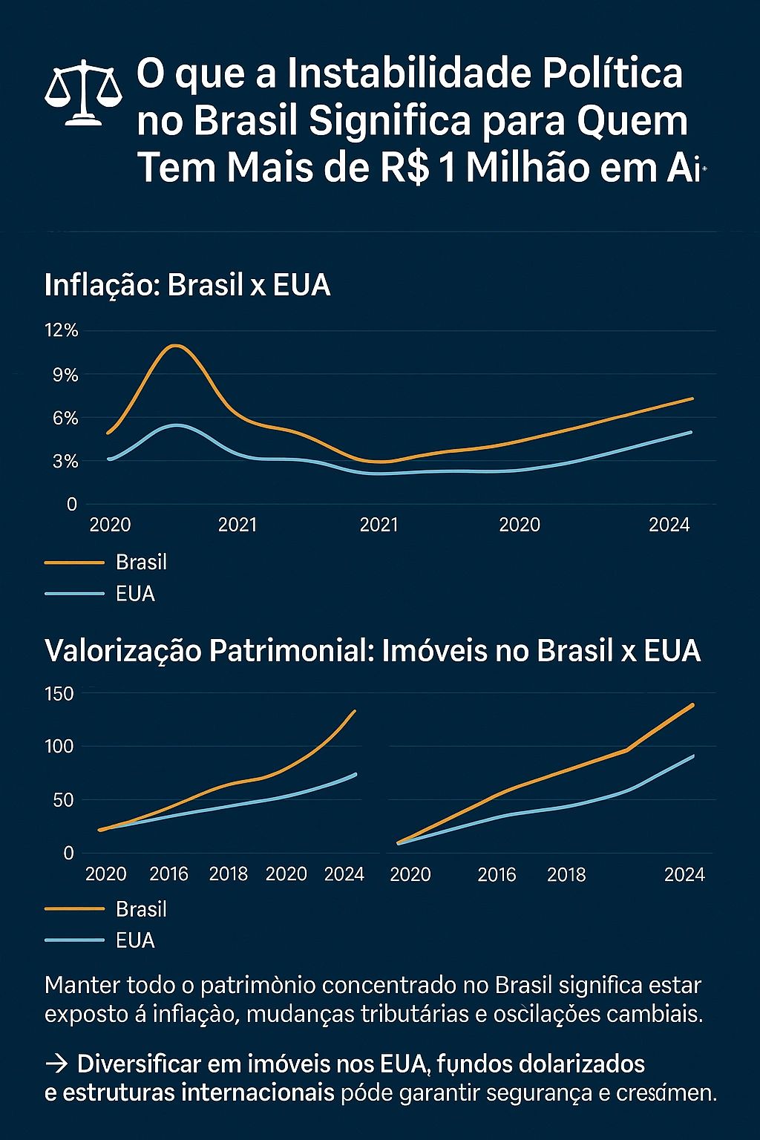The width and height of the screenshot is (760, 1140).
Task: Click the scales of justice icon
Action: coord(83,92)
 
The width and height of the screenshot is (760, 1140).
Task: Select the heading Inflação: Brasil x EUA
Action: coord(187,286)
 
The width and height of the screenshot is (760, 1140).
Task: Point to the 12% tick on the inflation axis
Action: coord(61,331)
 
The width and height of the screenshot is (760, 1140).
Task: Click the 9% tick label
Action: coord(65,375)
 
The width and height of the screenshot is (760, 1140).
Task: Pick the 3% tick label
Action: coord(65,462)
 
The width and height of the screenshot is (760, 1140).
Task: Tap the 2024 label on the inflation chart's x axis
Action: coord(669,525)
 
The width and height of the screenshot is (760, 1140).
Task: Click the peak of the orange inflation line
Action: coord(176,346)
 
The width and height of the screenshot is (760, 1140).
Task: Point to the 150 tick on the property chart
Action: coord(59,695)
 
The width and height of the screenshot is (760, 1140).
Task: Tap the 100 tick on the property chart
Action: coord(59,747)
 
